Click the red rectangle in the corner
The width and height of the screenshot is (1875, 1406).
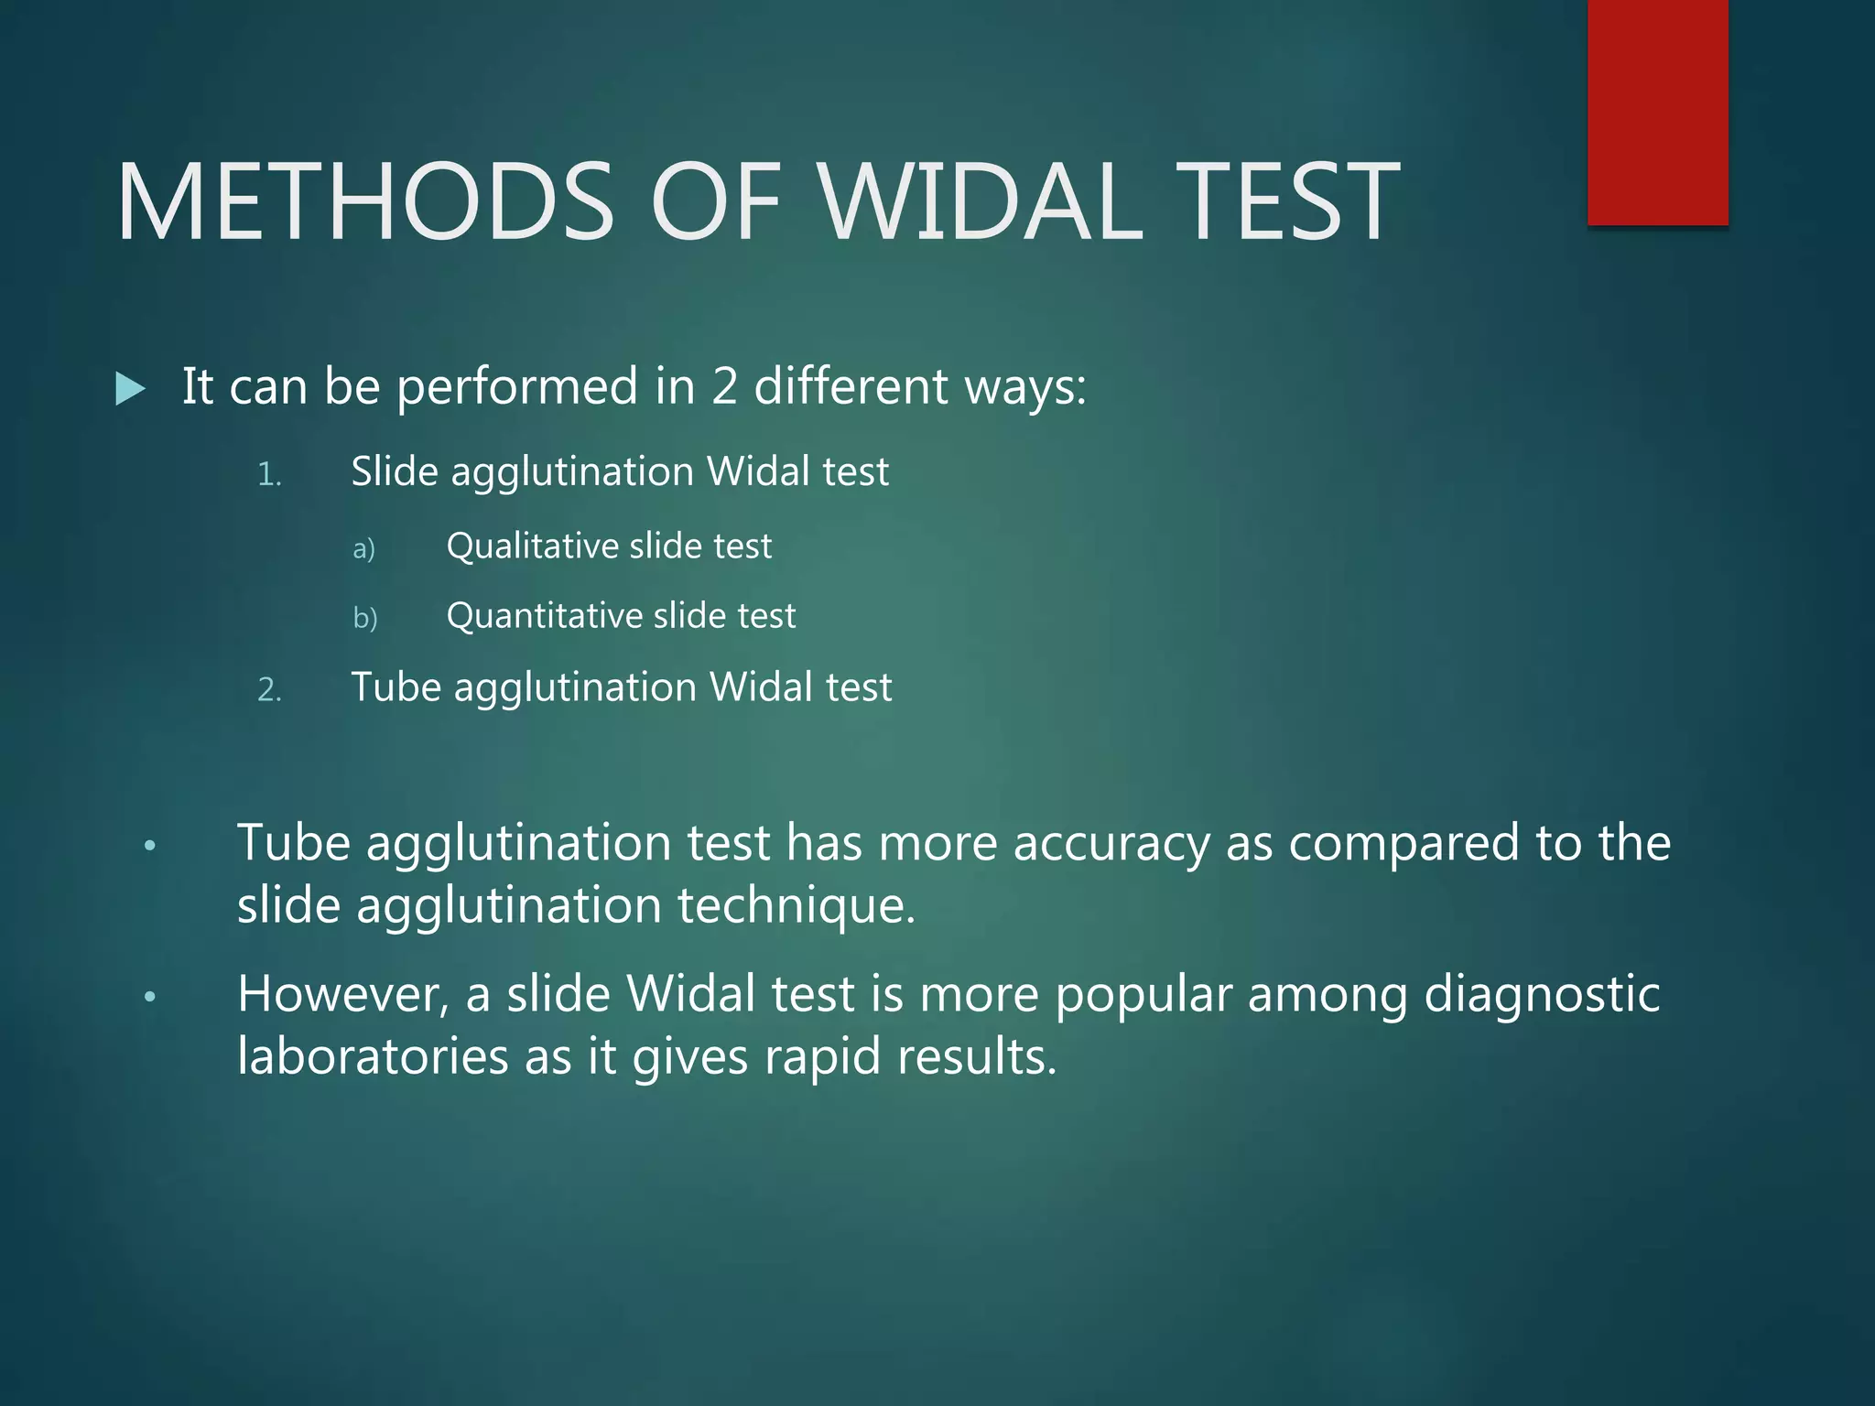point(1657,112)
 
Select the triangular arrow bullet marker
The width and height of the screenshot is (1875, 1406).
point(131,389)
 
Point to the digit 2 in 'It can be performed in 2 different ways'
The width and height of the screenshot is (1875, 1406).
point(723,385)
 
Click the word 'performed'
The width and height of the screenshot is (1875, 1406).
point(517,387)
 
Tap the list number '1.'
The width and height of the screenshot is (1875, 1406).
point(269,474)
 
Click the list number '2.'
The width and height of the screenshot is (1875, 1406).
point(269,689)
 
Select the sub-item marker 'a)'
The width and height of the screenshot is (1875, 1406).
point(363,547)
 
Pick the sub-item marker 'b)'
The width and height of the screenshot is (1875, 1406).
point(364,618)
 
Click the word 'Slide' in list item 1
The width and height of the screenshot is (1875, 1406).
point(395,471)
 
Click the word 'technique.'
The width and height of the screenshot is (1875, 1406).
point(796,905)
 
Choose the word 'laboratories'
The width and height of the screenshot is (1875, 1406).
point(372,1056)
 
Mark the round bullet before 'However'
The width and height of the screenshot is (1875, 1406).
point(151,997)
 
